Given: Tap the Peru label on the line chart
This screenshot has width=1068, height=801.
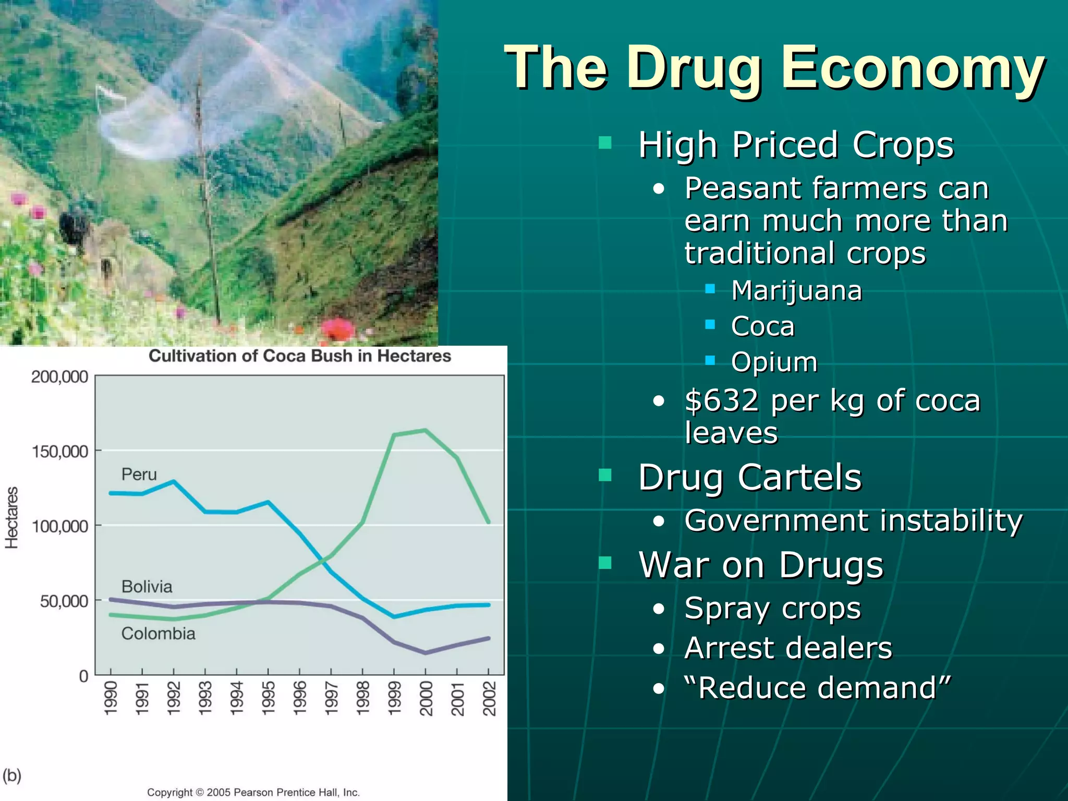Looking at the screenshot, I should [x=139, y=475].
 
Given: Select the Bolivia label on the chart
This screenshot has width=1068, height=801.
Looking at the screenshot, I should [x=147, y=587].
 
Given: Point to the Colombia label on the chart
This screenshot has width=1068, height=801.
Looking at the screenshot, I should [x=158, y=634].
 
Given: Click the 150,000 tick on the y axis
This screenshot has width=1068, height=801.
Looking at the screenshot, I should [x=60, y=452].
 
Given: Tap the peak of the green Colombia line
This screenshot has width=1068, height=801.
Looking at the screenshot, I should [x=426, y=430].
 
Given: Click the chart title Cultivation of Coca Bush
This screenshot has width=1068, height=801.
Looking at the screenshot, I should [x=299, y=356].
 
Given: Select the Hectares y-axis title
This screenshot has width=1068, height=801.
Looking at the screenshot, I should [x=11, y=517].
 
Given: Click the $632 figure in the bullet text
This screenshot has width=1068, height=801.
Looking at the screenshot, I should [x=722, y=400].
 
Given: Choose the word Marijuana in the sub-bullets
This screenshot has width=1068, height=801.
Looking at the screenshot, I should [x=796, y=290].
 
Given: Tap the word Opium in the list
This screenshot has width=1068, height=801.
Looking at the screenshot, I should [x=774, y=362].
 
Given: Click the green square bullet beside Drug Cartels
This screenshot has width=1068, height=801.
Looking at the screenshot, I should [x=605, y=475].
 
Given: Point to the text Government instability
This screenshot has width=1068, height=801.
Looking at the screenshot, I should [x=853, y=520].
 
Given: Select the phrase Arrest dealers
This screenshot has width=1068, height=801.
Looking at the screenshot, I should [x=788, y=648].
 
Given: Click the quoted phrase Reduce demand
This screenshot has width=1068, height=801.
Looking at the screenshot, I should [x=817, y=688].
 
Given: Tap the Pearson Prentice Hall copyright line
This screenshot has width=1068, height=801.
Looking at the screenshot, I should [x=253, y=792].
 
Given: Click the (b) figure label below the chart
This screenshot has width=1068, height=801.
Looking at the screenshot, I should [x=12, y=776].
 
